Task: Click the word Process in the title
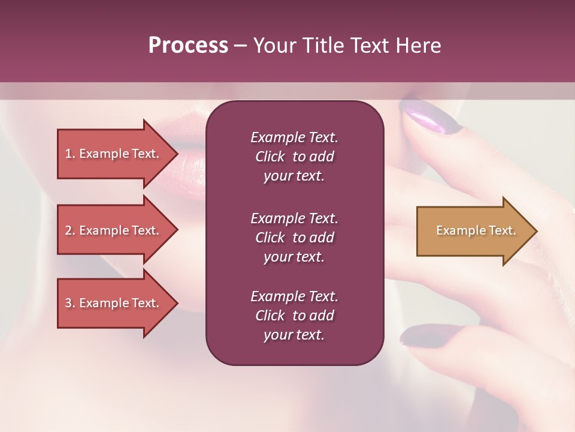(188, 46)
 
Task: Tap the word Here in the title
(417, 46)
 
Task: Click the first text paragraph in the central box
(294, 157)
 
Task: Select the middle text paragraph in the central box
(294, 238)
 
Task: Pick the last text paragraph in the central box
(294, 316)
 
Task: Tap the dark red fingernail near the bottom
(424, 335)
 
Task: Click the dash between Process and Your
(240, 46)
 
